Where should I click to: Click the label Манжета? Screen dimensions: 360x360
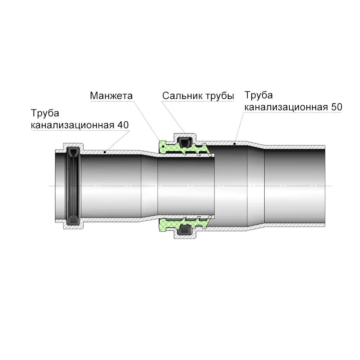click(x=111, y=96)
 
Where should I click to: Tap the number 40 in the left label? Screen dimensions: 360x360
click(x=123, y=125)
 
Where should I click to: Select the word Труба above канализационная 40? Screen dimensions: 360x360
click(x=45, y=113)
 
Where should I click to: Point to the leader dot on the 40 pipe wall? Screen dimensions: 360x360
click(x=105, y=152)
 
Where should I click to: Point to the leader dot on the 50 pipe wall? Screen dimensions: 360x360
click(x=234, y=144)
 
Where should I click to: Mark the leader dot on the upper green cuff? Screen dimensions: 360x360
click(x=163, y=146)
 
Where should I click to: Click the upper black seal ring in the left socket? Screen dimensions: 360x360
click(x=73, y=152)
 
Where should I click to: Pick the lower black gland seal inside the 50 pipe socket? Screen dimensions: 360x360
click(x=185, y=230)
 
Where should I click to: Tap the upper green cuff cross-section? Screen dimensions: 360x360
click(x=184, y=149)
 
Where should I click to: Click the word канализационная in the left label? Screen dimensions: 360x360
click(x=73, y=125)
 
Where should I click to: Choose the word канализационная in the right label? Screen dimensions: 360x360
click(x=286, y=107)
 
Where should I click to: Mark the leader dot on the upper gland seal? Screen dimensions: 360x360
click(x=189, y=139)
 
